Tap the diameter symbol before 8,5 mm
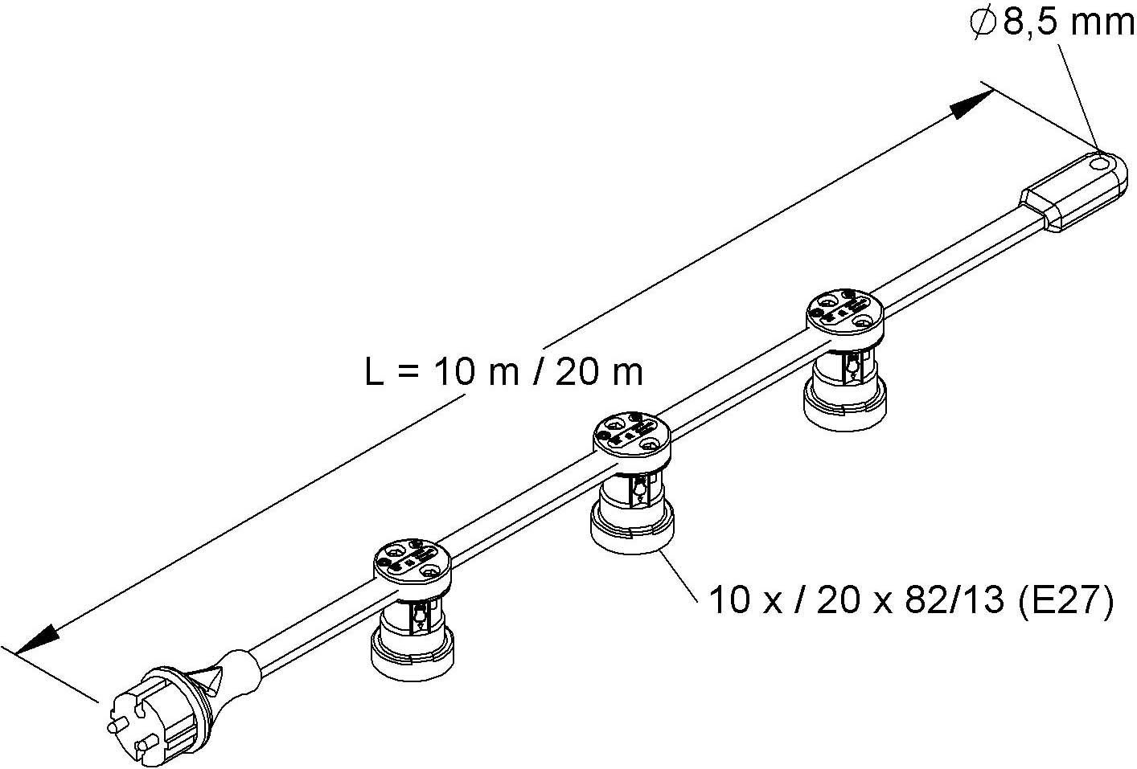pos(983,24)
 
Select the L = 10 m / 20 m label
pos(504,372)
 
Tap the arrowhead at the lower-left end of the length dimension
pos(38,640)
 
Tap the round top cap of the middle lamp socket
pos(632,437)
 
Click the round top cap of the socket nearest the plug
pos(413,564)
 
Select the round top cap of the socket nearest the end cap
pos(844,314)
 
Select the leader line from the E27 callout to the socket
pos(679,575)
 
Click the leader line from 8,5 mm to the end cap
pos(1076,97)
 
